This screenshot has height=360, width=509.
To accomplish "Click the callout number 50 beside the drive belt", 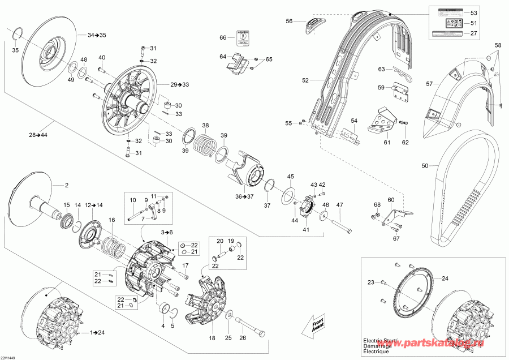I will click(425, 165).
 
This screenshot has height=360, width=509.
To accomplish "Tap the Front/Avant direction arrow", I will click(313, 325).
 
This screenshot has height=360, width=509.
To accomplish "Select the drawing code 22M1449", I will click(9, 357).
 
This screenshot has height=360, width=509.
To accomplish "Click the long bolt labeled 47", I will click(339, 224).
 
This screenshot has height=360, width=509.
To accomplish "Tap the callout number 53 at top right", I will click(474, 12).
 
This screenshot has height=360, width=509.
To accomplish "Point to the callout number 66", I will click(223, 37).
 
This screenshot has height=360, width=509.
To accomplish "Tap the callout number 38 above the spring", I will click(205, 125).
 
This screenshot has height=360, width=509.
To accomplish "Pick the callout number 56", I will click(289, 21).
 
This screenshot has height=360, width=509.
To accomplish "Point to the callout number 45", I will click(291, 176).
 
